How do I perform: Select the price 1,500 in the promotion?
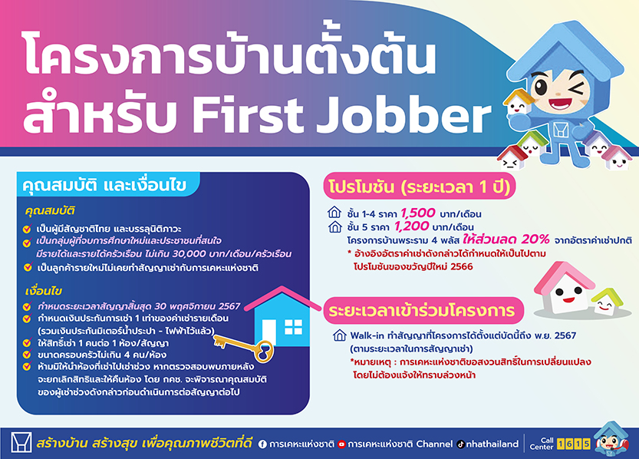tap(418, 213)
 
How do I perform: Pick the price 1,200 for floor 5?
tap(412, 226)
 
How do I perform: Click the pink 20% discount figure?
tap(535, 239)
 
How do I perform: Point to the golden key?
tap(244, 346)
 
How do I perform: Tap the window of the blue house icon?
tap(293, 327)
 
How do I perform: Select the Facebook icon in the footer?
tap(262, 444)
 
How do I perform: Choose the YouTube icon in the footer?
tap(341, 444)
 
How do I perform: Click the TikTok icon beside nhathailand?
tap(460, 444)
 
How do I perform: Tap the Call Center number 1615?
tap(573, 444)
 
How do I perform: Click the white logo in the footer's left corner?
tap(21, 443)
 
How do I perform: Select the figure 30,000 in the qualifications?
tap(189, 254)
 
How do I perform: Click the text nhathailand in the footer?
tap(492, 444)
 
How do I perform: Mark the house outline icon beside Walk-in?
tap(340, 335)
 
